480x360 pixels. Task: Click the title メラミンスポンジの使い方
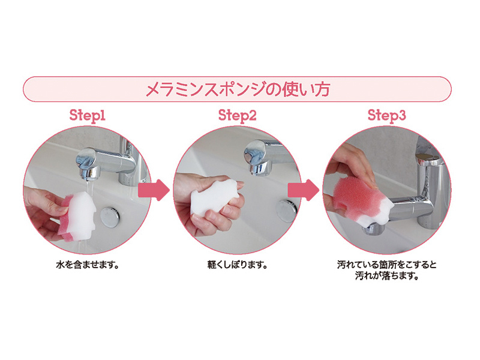click(x=238, y=89)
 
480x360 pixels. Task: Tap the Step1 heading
click(x=87, y=115)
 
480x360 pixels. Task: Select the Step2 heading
click(x=237, y=115)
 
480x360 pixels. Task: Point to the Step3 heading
click(x=386, y=115)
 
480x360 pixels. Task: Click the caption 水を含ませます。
click(x=87, y=265)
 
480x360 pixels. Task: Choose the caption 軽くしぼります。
click(x=237, y=265)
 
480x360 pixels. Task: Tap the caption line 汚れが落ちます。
click(x=386, y=276)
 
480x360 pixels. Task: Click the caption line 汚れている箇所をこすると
click(x=386, y=265)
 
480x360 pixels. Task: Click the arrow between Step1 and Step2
click(x=154, y=190)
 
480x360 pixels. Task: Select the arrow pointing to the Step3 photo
click(x=304, y=190)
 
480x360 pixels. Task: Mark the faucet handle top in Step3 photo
click(x=428, y=158)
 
